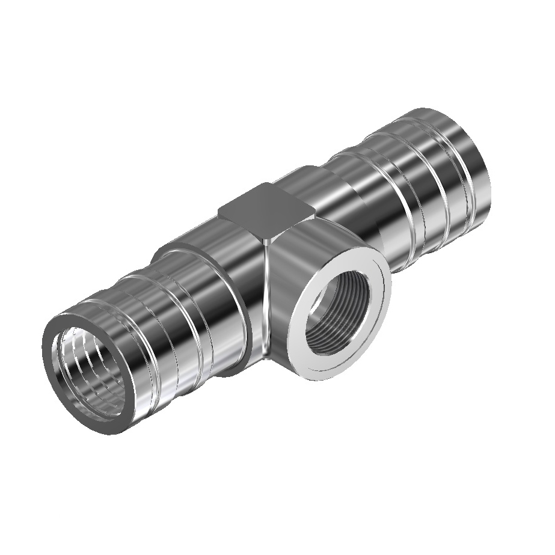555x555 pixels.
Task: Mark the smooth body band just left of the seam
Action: tap(241, 283)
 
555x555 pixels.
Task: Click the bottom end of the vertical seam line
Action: tap(265, 355)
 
